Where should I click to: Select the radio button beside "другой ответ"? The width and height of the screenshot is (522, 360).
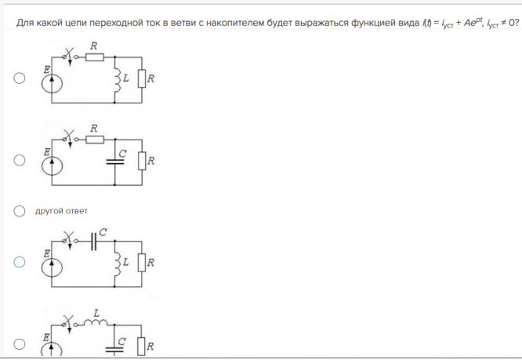coord(20,211)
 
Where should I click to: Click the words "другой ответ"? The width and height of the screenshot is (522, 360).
coord(61,211)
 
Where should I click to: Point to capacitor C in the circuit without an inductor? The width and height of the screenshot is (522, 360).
coord(115,161)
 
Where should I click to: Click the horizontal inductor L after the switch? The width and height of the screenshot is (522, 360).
coord(96,322)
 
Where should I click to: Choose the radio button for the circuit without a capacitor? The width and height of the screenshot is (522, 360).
coord(20,78)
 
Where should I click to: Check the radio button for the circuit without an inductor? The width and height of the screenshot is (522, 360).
coord(20,160)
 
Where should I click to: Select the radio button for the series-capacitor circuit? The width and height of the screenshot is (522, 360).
coord(20,261)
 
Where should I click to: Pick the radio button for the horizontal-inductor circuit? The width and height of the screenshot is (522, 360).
coord(20,344)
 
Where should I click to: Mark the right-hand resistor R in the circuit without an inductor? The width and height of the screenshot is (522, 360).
coord(142,161)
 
